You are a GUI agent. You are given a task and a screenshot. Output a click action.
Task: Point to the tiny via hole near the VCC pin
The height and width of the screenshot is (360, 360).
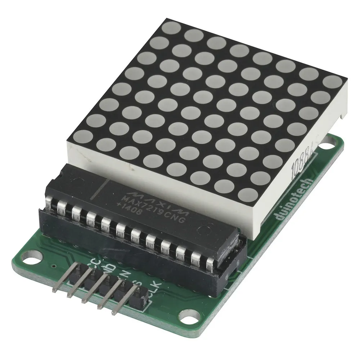53,266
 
